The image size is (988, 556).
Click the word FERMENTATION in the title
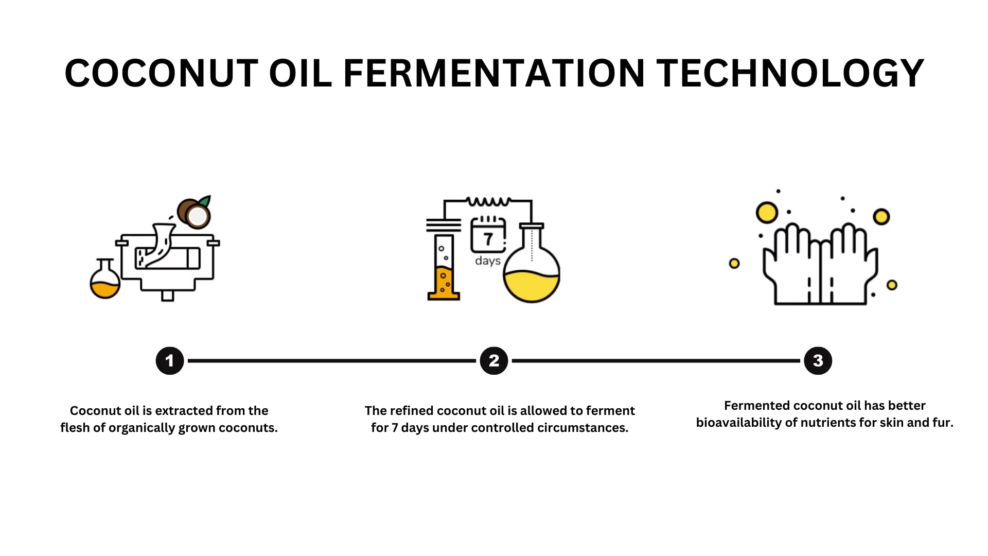[493, 73]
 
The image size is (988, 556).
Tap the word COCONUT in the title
[161, 73]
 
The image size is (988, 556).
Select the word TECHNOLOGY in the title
[790, 73]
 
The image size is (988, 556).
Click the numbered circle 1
[170, 361]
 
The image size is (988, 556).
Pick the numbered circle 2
[494, 361]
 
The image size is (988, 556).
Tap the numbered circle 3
[818, 361]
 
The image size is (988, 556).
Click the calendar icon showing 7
[488, 235]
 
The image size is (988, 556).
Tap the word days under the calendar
[488, 261]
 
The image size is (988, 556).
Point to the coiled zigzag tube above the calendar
[488, 201]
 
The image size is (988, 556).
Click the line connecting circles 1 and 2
[332, 361]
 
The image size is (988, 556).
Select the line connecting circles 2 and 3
[656, 361]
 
